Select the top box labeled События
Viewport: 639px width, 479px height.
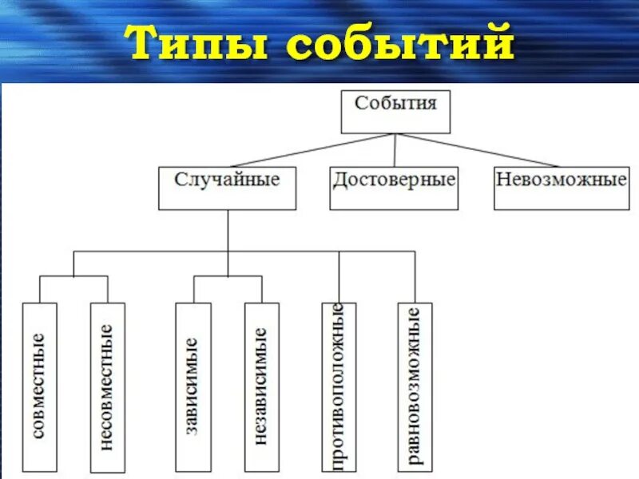click(x=395, y=111)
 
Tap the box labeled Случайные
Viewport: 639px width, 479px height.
click(x=227, y=188)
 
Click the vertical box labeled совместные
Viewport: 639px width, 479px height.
click(x=40, y=386)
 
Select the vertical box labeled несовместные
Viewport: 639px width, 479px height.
click(x=107, y=386)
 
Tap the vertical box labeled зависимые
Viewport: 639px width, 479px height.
click(x=193, y=386)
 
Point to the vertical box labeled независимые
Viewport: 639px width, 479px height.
click(x=261, y=386)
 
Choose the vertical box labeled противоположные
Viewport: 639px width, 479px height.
click(x=338, y=386)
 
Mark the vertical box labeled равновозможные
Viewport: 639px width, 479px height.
click(x=415, y=386)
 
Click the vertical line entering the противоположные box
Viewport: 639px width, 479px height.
click(x=338, y=276)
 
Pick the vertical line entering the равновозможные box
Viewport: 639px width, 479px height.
click(x=415, y=276)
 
